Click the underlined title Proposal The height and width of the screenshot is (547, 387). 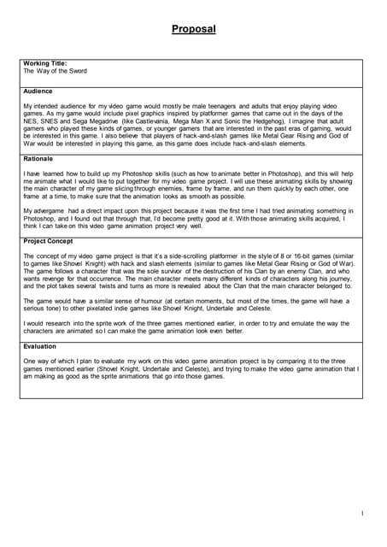coord(193,29)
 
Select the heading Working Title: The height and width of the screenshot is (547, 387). coord(45,64)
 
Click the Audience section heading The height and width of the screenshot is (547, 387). coord(38,91)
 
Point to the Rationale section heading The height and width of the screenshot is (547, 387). coord(38,159)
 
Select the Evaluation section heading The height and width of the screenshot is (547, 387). coord(41,346)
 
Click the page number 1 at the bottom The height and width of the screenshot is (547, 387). coord(362,513)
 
